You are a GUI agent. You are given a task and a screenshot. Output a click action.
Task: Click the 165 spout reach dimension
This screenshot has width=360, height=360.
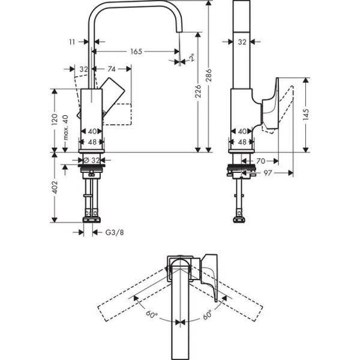point(136,52)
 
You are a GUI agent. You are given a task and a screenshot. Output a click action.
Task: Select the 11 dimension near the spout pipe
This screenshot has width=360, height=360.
point(72,43)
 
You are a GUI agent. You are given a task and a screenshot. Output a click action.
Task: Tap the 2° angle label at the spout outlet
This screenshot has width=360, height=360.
point(191,59)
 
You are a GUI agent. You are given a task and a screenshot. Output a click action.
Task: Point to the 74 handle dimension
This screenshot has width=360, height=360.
point(112,70)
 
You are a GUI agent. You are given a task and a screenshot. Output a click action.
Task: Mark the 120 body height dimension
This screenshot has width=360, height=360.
point(55,119)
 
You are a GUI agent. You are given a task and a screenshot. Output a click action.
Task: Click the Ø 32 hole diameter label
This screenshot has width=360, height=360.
point(93,161)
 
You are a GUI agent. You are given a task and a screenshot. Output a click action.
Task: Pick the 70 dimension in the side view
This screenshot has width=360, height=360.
point(261,161)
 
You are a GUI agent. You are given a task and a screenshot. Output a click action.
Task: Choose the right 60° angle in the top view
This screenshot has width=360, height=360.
point(208,314)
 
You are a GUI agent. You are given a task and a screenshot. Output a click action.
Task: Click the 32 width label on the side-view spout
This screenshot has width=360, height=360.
point(242,43)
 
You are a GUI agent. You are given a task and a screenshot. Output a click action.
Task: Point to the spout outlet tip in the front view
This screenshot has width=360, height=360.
point(179,47)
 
